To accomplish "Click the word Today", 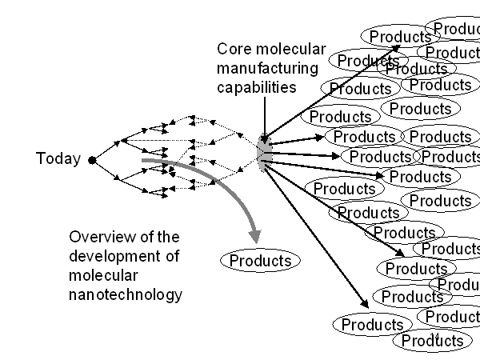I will coord(58,158).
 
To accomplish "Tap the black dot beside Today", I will coord(92,160).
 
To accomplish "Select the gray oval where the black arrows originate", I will coord(265,152).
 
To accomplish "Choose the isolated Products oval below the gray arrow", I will coord(260,260).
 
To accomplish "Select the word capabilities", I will coord(255,86).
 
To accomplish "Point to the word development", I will coord(115,256).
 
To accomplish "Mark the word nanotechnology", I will coord(126,294).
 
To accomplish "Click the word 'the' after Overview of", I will coord(169,238).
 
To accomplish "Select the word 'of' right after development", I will coord(173,256).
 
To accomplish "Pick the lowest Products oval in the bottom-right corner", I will coord(432,341).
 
